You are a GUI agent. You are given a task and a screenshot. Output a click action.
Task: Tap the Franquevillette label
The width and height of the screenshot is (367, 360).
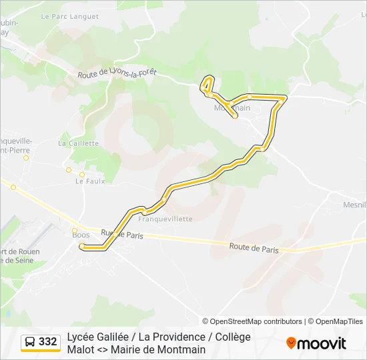[165, 218]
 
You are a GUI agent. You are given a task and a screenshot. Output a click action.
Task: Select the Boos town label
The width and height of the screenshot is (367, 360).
[80, 234]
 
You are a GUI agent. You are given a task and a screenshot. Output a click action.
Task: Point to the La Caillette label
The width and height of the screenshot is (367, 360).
[78, 143]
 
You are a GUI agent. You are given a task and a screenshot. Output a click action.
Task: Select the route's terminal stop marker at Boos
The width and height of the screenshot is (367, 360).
[82, 247]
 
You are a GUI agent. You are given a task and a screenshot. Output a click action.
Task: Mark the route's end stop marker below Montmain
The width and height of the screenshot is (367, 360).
[235, 116]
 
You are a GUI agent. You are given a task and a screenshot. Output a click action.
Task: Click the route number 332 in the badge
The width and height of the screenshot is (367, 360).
[47, 342]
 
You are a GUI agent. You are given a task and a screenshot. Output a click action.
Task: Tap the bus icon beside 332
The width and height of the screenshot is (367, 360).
[31, 342]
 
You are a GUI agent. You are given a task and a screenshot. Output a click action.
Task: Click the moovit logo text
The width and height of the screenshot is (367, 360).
[322, 343]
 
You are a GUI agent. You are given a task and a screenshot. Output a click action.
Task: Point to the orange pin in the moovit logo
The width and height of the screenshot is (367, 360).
[291, 343]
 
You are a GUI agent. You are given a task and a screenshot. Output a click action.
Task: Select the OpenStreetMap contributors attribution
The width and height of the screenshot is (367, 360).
[252, 321]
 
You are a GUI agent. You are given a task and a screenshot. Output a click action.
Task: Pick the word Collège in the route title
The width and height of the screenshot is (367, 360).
[232, 337]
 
